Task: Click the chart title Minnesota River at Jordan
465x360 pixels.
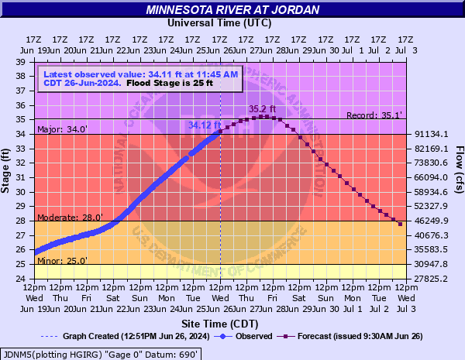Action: [232, 10]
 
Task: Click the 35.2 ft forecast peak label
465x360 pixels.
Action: [262, 109]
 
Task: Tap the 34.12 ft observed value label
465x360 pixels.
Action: [205, 124]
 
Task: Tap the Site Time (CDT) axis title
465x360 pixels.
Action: [220, 322]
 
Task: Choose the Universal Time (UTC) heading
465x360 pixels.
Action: [220, 22]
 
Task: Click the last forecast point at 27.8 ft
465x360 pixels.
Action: [400, 224]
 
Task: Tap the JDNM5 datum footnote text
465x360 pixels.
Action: [102, 353]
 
